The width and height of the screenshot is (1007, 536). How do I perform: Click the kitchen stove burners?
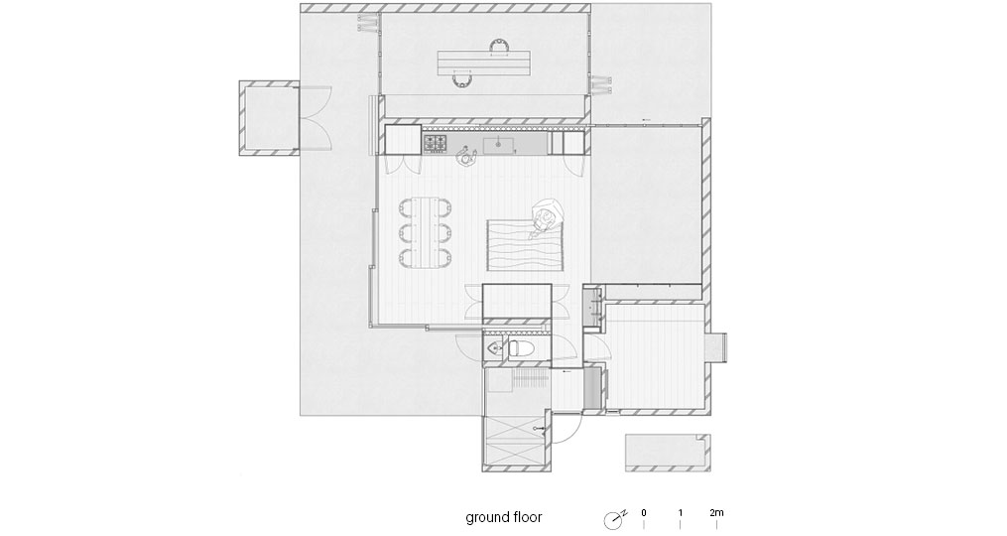pos(435,144)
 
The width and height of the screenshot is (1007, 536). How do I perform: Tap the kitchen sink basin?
pos(498,145)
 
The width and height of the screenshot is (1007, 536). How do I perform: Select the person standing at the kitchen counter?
pos(466,156)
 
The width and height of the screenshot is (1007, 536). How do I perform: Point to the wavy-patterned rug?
pos(525,246)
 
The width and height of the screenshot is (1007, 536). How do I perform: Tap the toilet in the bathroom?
pos(520,349)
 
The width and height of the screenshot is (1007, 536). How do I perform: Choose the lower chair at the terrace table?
pos(461,80)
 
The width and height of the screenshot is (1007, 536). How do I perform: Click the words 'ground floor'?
pos(504,517)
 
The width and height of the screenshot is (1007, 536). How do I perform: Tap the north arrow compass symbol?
pos(613,519)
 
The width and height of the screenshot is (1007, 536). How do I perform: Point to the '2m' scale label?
pos(716,513)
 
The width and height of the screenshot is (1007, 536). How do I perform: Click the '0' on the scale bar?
pos(644,513)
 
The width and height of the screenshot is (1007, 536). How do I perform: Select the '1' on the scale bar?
pos(681,513)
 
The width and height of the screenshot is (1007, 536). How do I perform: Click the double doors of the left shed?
pos(315,118)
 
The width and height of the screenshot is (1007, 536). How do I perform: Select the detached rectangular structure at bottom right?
pos(668,453)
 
